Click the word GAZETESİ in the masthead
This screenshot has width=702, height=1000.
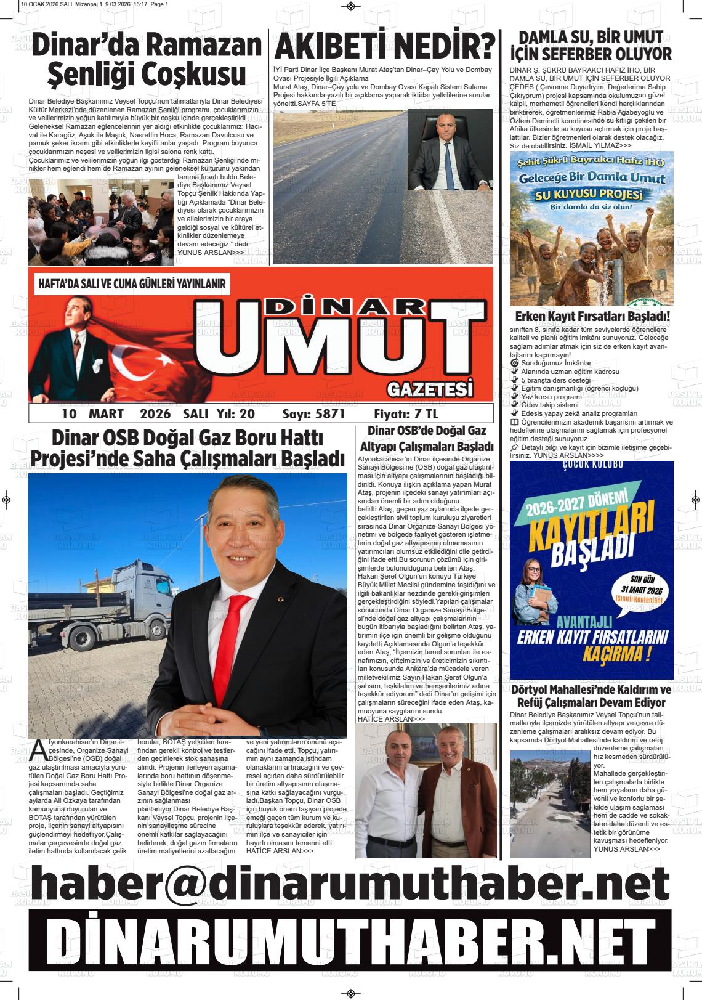pyautogui.click(x=430, y=389)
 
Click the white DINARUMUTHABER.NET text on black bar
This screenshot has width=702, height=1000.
pyautogui.click(x=350, y=942)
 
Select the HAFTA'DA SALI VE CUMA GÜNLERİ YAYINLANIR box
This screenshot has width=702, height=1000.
pyautogui.click(x=132, y=284)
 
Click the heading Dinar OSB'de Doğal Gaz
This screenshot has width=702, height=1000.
pyautogui.click(x=426, y=431)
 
